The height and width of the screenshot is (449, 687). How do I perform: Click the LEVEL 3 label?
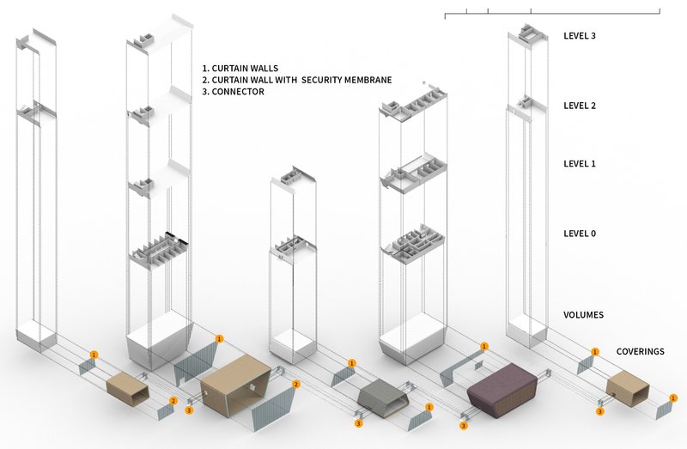579,36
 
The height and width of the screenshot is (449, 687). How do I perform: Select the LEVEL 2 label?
579,106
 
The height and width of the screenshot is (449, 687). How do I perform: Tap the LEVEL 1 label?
579,163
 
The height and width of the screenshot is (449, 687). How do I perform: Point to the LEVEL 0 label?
579,234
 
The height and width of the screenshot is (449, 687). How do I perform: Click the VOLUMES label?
582,315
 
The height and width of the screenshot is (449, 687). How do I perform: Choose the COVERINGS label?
640,352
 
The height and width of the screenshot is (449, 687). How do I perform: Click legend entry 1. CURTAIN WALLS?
240,68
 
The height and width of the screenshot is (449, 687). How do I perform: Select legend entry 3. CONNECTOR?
233,92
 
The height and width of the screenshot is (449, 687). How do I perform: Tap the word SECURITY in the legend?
324,80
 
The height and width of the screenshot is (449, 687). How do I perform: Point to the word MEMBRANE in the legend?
368,80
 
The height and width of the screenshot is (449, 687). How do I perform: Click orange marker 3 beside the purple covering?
464,425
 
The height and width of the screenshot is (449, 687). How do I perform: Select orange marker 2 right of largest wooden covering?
296,384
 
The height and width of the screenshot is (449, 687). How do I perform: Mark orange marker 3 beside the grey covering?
358,422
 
